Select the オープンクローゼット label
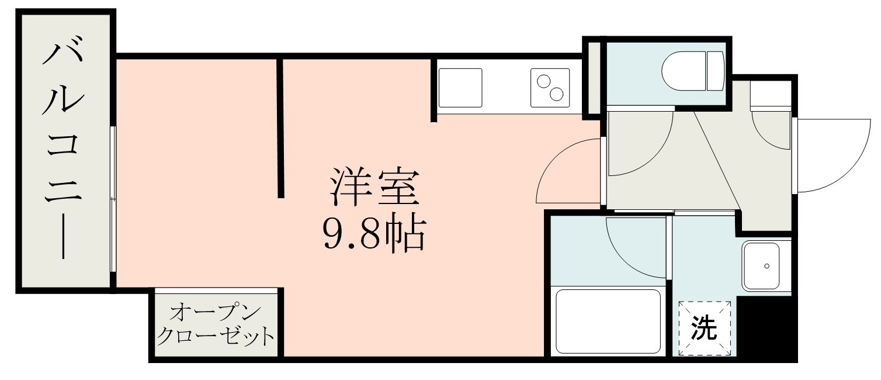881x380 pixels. (216, 324)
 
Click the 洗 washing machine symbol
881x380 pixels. (705, 329)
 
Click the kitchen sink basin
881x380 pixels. (460, 88)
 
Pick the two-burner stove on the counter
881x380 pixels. (550, 88)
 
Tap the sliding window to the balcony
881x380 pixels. (113, 199)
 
